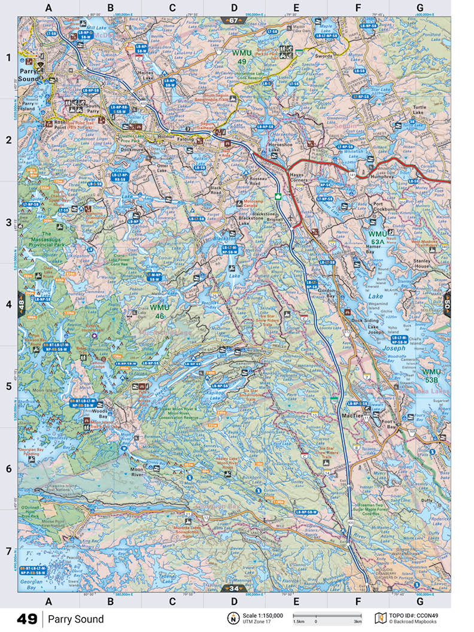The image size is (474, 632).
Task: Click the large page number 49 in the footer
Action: pyautogui.click(x=27, y=619)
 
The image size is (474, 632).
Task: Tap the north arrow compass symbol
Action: pyautogui.click(x=232, y=618)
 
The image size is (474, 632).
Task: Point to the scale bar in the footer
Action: pyautogui.click(x=327, y=616)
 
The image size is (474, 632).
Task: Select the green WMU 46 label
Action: pyautogui.click(x=160, y=311)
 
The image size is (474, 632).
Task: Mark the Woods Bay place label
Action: pyautogui.click(x=99, y=414)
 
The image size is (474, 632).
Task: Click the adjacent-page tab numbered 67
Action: pyautogui.click(x=232, y=20)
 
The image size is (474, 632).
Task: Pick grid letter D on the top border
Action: pyautogui.click(x=234, y=8)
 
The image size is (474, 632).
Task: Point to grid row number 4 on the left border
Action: pyautogui.click(x=8, y=304)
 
